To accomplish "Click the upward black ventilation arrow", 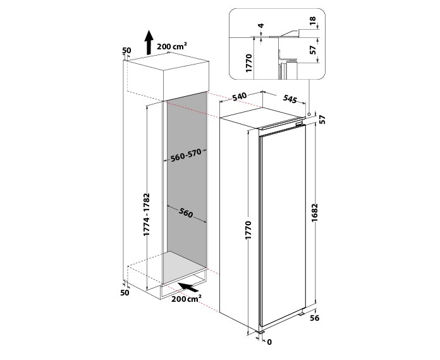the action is point(149,42).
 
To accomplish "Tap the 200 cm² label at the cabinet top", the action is point(172,47).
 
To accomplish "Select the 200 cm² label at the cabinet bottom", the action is point(186,299).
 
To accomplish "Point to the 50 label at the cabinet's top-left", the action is point(126,51).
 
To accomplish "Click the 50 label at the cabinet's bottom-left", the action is point(125,292).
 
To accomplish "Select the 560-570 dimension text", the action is point(186,155).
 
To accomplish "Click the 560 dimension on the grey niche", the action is point(185,213).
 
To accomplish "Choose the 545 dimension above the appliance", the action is point(290,99).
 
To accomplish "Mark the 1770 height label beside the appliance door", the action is point(248,230).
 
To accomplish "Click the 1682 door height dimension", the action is point(315,213).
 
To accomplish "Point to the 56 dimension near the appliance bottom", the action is point(315,318).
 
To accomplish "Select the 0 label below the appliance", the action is point(269,342).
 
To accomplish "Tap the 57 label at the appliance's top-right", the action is point(322,120).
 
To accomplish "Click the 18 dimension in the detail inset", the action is point(313,21).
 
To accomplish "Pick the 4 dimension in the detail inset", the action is point(261,25).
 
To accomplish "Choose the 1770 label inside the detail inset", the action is point(249,63).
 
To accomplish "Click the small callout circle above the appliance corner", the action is point(309,115).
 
